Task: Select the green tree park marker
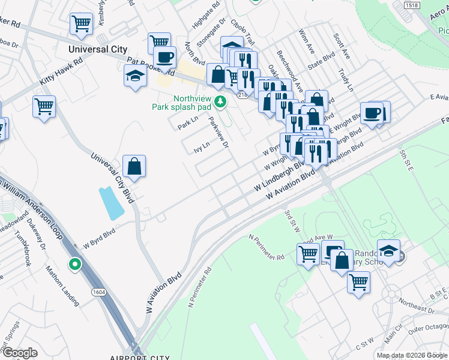coord(221,102)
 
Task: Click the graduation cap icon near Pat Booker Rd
coord(135,76)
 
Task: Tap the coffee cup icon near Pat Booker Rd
coord(164,58)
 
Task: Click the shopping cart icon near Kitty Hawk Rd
coord(44,107)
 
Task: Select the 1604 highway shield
coord(100,292)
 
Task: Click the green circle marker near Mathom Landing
coord(74,263)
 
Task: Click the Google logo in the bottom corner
coord(20,353)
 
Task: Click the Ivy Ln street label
coord(202,147)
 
